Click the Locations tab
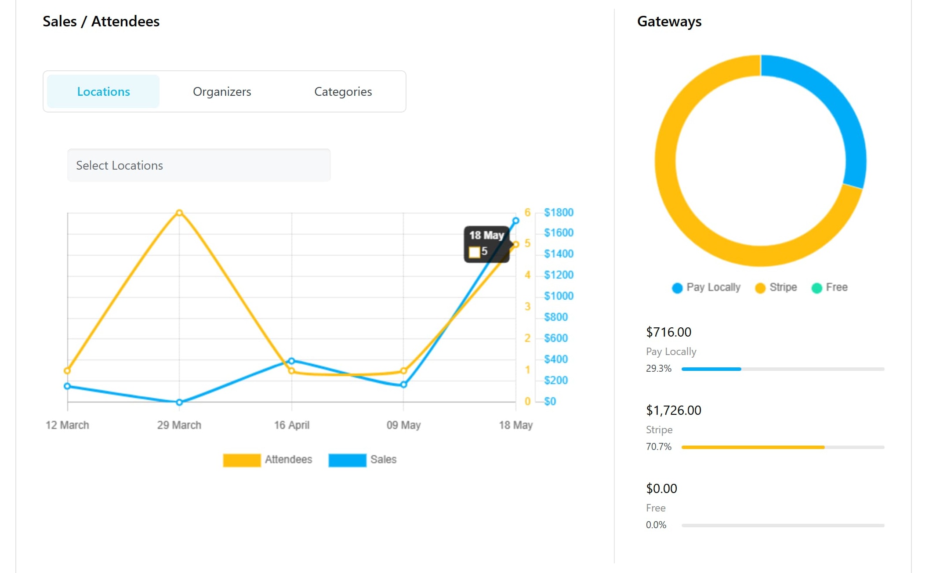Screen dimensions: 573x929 (x=103, y=91)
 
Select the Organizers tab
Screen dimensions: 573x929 (x=222, y=91)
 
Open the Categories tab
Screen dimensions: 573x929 (x=343, y=91)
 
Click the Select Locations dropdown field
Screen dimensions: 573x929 (x=199, y=165)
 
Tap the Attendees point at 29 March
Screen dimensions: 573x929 (x=179, y=213)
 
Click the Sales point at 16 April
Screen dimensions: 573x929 (x=291, y=361)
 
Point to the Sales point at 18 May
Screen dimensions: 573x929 (x=516, y=221)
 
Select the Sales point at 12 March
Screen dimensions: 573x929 (x=67, y=386)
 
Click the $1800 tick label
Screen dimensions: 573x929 (x=559, y=213)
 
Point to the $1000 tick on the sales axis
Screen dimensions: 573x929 (x=559, y=296)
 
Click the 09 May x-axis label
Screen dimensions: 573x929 (x=403, y=425)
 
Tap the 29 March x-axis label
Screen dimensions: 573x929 (x=179, y=425)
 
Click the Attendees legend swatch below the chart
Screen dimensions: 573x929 (x=242, y=460)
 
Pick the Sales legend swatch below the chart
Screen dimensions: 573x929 (x=347, y=460)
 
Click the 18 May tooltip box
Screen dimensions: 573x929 (x=486, y=244)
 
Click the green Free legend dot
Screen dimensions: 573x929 (x=817, y=288)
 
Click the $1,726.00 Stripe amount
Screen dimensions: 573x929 (x=673, y=410)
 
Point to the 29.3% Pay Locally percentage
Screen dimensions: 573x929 (x=658, y=369)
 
